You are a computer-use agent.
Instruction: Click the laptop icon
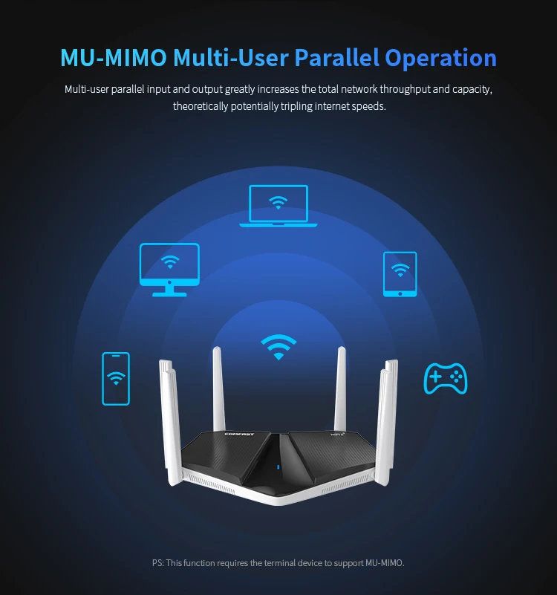(x=278, y=206)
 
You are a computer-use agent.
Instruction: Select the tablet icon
(x=400, y=274)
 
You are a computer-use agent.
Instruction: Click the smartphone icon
(x=115, y=379)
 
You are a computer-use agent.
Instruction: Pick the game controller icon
(x=445, y=378)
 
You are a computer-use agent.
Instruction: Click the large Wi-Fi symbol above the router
(x=278, y=346)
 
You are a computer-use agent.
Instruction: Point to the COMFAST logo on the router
(x=239, y=435)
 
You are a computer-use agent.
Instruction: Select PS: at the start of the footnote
(x=157, y=563)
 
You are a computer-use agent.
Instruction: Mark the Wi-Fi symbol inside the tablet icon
(x=400, y=269)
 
